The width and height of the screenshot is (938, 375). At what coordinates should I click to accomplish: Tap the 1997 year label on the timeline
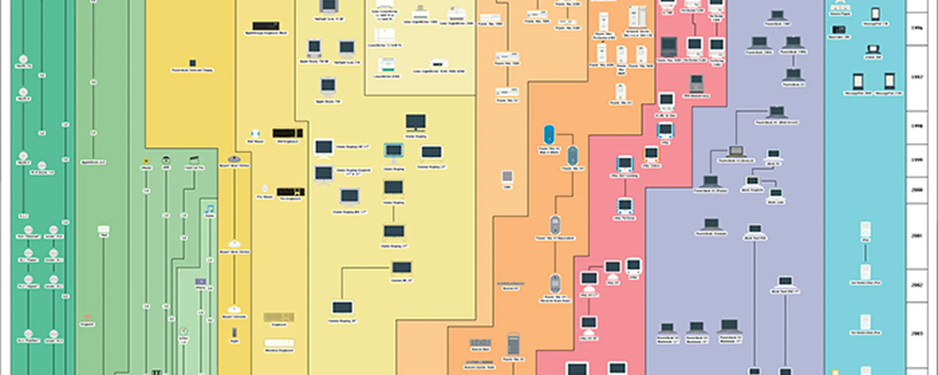pyautogui.click(x=917, y=77)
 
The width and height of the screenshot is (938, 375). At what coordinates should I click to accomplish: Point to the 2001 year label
pyautogui.click(x=917, y=236)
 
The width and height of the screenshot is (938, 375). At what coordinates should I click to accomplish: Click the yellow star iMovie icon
pyautogui.click(x=146, y=161)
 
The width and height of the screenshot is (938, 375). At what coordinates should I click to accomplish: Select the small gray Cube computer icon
pyautogui.click(x=507, y=177)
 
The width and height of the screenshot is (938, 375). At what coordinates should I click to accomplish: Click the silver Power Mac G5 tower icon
pyautogui.click(x=513, y=344)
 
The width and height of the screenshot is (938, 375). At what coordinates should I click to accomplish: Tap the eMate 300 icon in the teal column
pyautogui.click(x=873, y=50)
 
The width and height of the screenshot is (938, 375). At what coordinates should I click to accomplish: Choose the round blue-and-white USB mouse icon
pyautogui.click(x=255, y=134)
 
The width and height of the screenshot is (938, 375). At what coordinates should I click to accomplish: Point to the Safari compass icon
pyautogui.click(x=184, y=331)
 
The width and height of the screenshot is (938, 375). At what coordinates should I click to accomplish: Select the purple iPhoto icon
pyautogui.click(x=200, y=282)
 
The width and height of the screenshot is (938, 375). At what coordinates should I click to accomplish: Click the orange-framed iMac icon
pyautogui.click(x=651, y=154)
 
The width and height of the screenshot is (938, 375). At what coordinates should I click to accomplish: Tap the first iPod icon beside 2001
pyautogui.click(x=865, y=230)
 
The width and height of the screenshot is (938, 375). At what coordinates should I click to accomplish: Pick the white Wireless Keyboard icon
pyautogui.click(x=279, y=343)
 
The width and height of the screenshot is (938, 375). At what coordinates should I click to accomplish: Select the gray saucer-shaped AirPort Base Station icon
pyautogui.click(x=234, y=159)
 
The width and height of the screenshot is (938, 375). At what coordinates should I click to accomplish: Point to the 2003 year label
pyautogui.click(x=917, y=333)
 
